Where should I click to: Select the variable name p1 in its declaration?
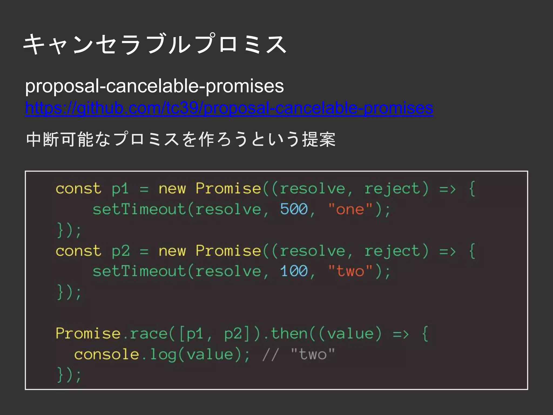(120, 189)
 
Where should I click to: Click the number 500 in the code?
(294, 209)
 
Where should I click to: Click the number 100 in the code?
(294, 271)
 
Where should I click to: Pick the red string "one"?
(350, 209)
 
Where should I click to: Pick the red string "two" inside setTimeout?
(350, 271)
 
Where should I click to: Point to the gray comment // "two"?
(298, 354)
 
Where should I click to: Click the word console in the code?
(106, 354)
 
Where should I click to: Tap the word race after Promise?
(149, 334)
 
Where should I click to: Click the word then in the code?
(289, 334)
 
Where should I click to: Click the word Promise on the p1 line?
(228, 188)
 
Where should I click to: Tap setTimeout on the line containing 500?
(139, 209)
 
